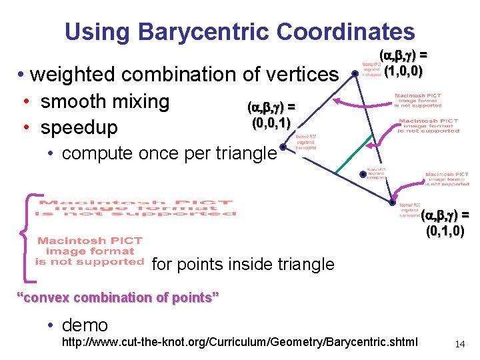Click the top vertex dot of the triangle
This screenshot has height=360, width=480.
[x=355, y=73]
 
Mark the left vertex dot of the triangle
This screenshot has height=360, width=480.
[x=283, y=147]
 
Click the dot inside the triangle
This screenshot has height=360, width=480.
[x=363, y=175]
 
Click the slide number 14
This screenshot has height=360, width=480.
[x=459, y=343]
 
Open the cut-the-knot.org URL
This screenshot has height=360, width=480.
[x=239, y=343]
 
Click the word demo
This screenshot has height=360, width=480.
[x=85, y=325]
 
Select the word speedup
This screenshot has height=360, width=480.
[x=79, y=127]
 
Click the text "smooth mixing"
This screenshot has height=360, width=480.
[x=105, y=101]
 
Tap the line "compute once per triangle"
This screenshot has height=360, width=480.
[x=169, y=153]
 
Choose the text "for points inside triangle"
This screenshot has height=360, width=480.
[x=243, y=264]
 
